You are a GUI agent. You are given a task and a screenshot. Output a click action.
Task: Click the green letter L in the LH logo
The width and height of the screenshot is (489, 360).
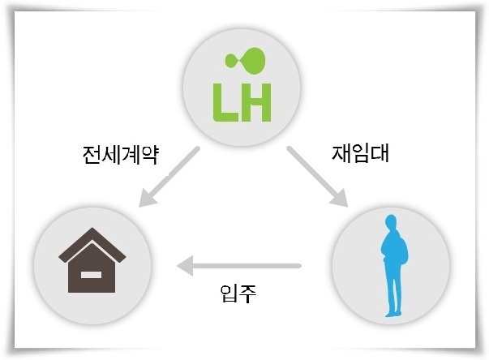click(225, 102)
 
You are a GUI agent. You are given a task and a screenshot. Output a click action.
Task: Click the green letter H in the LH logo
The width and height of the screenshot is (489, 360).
click(255, 102)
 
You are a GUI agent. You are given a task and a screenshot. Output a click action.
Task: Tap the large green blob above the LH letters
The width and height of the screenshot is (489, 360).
click(254, 61)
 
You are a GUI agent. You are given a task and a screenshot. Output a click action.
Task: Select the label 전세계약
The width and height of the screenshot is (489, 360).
click(121, 155)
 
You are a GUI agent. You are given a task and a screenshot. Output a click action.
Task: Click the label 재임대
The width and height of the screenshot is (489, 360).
click(360, 153)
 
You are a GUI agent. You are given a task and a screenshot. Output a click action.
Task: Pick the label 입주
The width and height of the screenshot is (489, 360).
click(238, 294)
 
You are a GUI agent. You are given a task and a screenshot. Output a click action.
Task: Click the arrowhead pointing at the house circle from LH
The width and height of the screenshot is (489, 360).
click(148, 198)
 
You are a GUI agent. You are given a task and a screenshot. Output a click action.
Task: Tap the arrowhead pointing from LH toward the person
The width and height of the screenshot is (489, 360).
click(339, 198)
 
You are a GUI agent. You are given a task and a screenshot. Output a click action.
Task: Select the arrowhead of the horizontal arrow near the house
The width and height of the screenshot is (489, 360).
click(185, 266)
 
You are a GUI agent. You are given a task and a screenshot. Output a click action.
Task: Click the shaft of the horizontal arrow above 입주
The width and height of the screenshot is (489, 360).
click(247, 266)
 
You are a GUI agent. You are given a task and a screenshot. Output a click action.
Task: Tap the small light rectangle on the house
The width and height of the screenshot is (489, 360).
click(91, 275)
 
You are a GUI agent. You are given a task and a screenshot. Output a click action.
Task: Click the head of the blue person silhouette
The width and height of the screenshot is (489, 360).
click(391, 222)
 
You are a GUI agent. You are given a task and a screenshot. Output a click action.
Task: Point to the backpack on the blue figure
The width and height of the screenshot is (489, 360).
click(403, 250)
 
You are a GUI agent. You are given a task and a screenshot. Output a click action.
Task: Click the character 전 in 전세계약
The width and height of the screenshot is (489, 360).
click(92, 155)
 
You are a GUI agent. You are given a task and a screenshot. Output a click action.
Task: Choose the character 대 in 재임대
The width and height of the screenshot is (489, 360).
click(380, 153)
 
